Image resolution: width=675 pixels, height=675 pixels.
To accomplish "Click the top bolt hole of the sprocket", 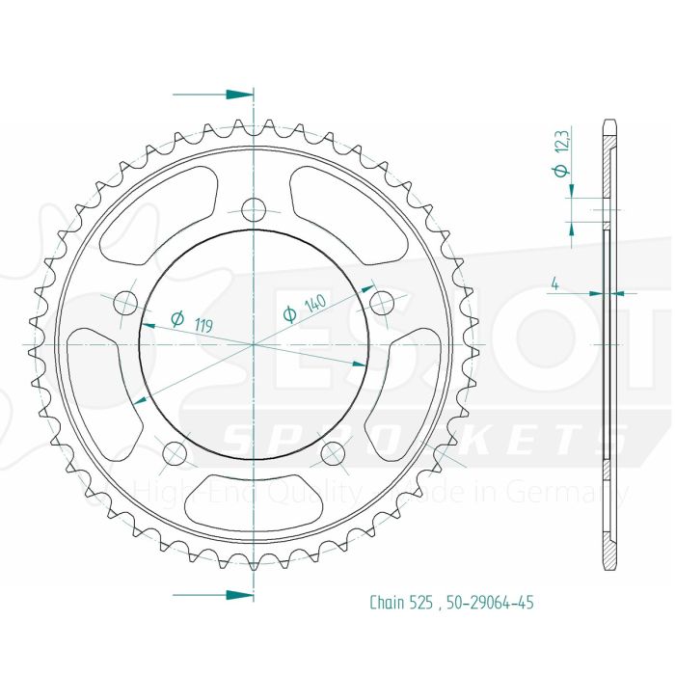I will tap(253, 209).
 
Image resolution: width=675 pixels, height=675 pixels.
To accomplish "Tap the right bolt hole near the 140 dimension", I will tap(380, 304).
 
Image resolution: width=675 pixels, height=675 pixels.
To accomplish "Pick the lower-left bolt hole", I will tap(175, 453).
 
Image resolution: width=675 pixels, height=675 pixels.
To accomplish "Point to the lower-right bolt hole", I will tap(332, 453).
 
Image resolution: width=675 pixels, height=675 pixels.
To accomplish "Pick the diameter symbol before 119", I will tap(177, 319).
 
